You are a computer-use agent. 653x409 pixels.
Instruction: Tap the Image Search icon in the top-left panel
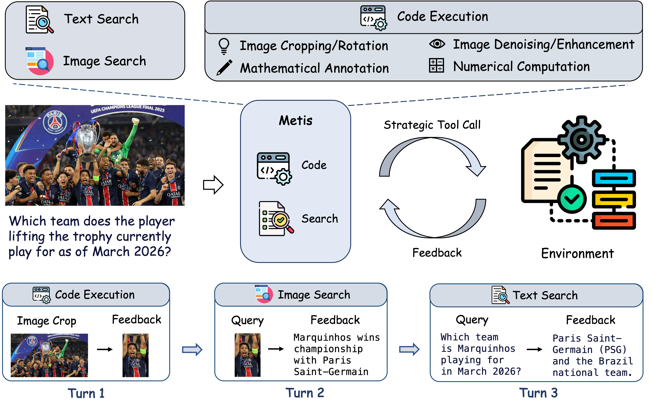pos(39,61)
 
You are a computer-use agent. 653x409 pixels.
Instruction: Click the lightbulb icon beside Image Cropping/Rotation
pos(224,46)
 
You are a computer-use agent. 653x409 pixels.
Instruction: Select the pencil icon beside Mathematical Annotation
pos(224,67)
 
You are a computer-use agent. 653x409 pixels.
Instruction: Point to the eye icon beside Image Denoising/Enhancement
pos(437,44)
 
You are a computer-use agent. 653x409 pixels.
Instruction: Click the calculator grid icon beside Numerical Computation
pos(436,66)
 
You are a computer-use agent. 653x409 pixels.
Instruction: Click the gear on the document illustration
pos(581,140)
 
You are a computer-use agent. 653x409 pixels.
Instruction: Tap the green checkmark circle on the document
pos(571,199)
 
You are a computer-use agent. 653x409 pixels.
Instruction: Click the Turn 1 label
pos(86,393)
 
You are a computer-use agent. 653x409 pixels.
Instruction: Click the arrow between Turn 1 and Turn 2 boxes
pos(192,350)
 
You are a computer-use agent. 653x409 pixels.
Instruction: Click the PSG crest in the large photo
pos(55,122)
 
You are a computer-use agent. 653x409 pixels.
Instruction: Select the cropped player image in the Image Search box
pos(247,355)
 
